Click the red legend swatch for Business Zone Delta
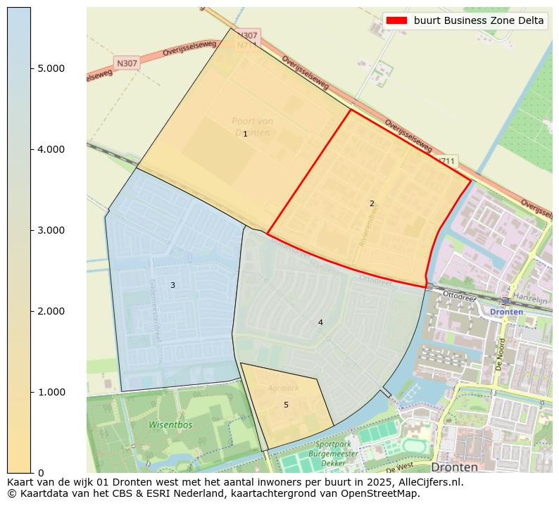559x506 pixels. (397, 21)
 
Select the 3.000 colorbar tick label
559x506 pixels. (51, 230)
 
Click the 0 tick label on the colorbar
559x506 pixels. (40, 473)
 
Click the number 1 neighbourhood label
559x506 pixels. (245, 134)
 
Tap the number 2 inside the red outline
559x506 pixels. (372, 203)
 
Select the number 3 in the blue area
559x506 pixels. (172, 285)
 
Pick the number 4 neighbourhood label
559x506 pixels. (320, 322)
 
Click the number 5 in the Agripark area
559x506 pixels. (286, 405)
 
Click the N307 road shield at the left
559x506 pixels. (127, 63)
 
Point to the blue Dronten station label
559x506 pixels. (507, 312)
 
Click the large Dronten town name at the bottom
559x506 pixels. (454, 467)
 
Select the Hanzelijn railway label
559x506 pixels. (530, 299)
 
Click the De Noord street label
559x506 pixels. (501, 355)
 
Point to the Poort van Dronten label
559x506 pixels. (253, 127)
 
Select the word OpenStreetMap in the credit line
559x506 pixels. (383, 493)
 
